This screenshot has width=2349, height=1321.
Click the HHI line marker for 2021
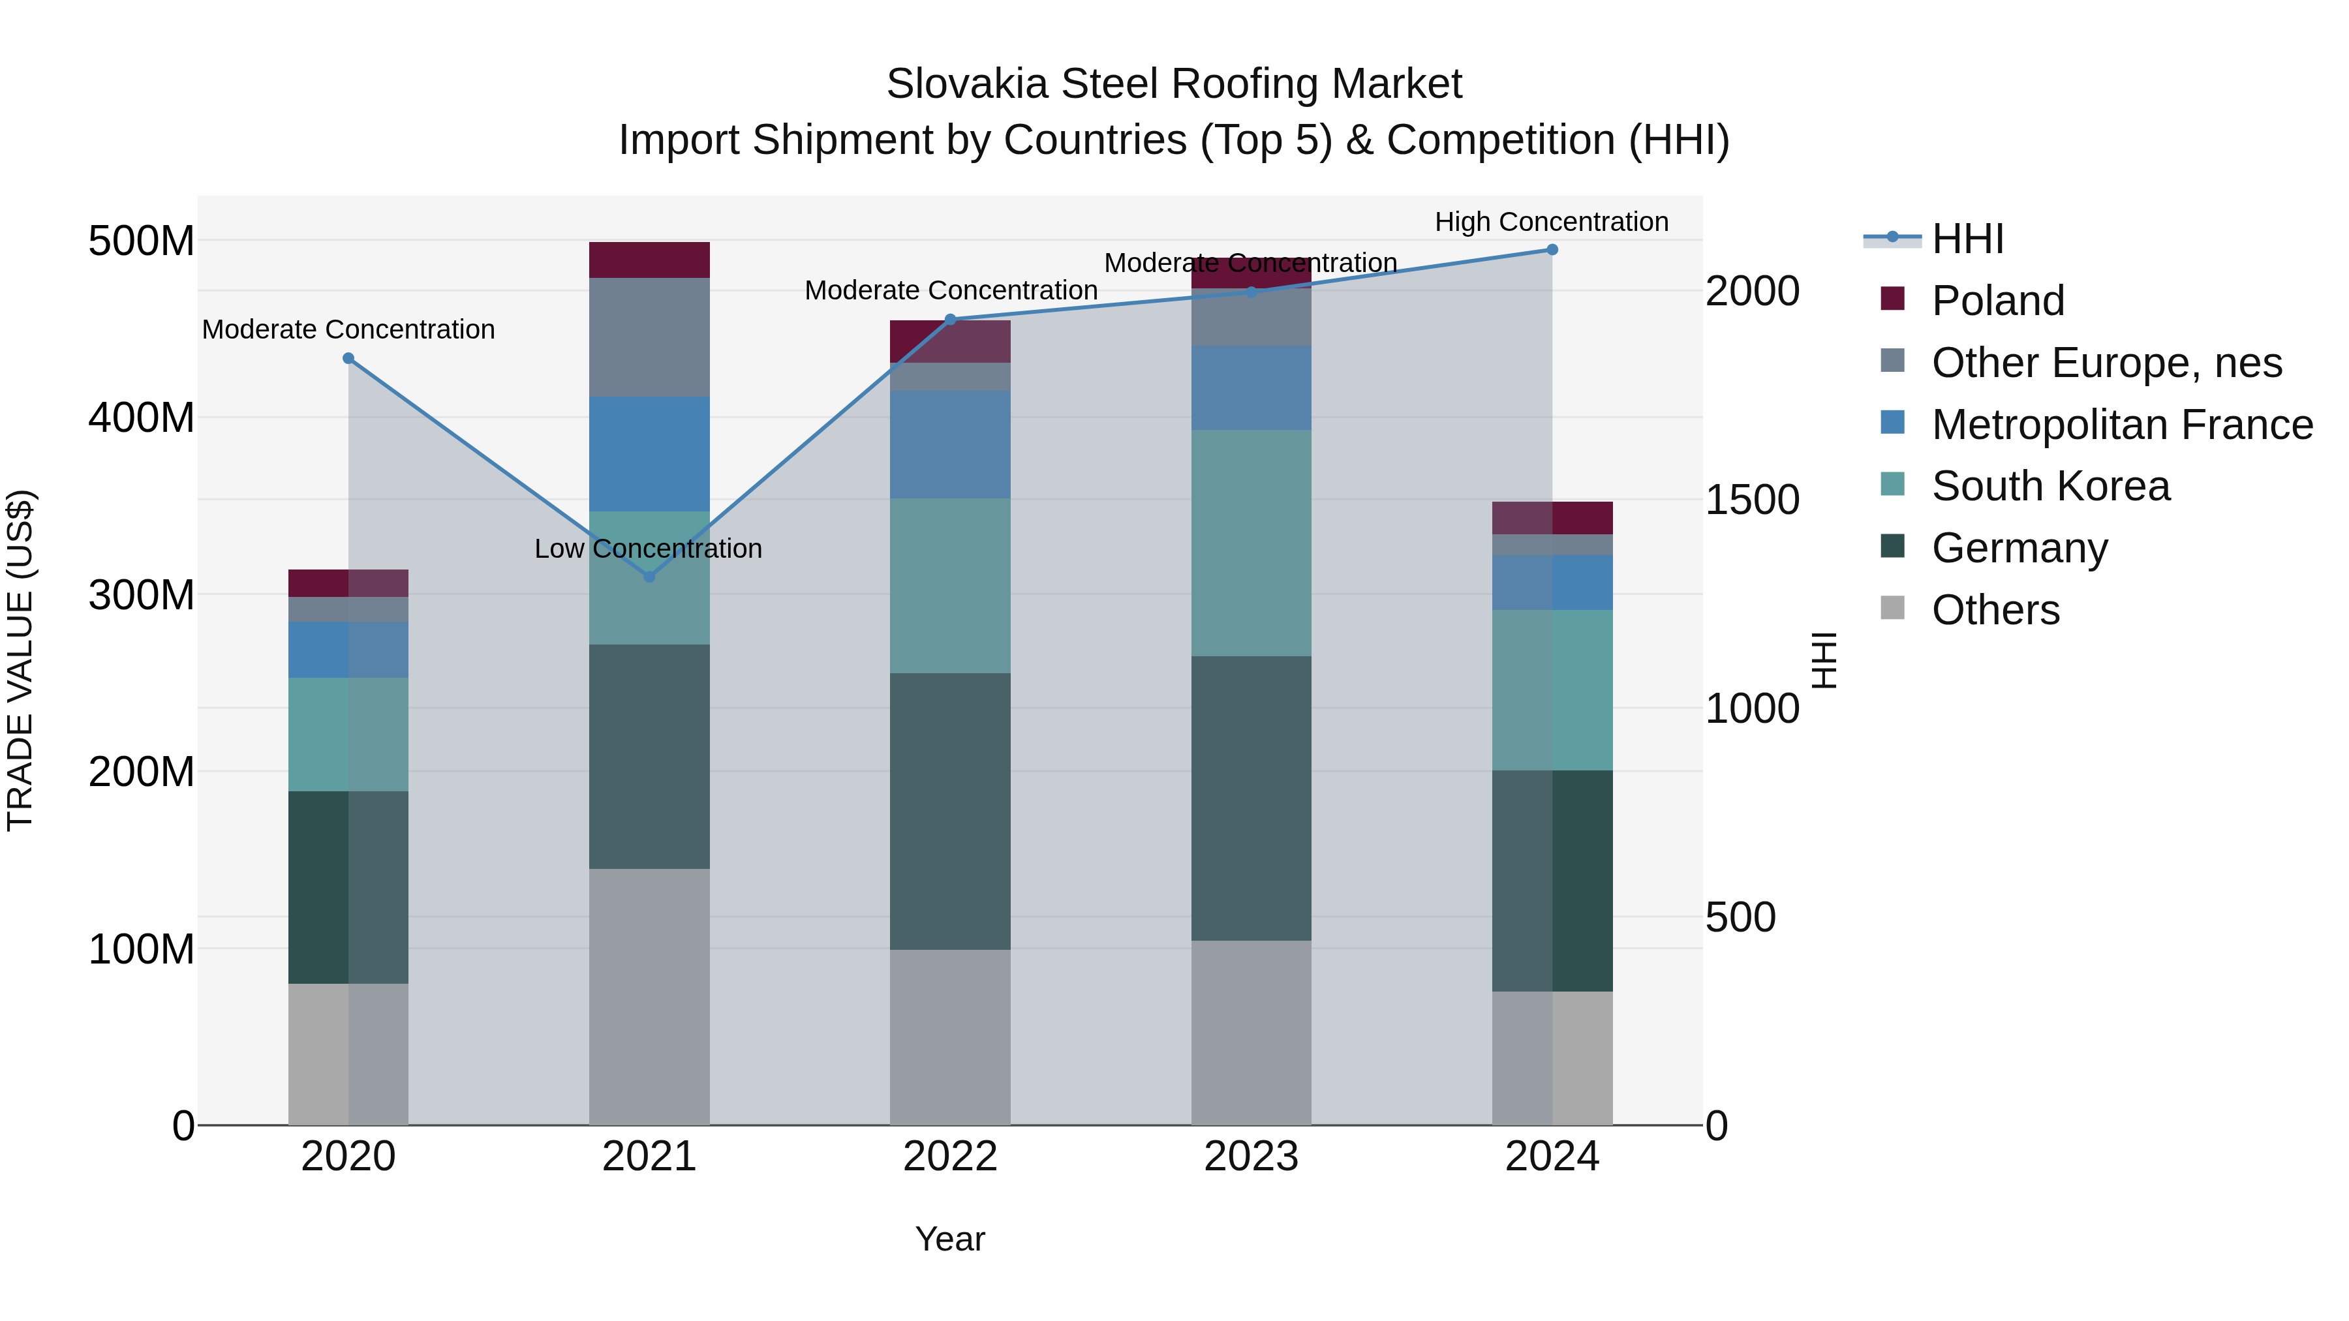tap(649, 576)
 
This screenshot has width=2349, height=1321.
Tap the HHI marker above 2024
tap(1552, 250)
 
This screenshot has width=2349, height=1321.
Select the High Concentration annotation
tap(1551, 222)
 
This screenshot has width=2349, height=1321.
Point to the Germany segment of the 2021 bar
tap(649, 757)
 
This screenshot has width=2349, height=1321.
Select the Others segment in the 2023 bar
tap(1251, 1032)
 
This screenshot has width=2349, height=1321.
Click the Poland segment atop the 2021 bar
tap(649, 260)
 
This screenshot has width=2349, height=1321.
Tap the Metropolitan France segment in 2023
tap(1251, 387)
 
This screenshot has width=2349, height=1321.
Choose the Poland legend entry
tap(1997, 301)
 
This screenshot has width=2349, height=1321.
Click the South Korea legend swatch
tap(1892, 484)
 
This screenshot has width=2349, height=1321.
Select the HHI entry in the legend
tap(1968, 239)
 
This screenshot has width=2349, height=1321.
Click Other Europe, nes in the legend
tap(2106, 363)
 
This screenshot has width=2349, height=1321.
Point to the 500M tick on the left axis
tap(142, 241)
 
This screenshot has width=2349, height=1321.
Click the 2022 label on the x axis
tap(950, 1156)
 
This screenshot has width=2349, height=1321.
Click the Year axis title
tap(950, 1239)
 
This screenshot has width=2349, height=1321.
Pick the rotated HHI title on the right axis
tap(1824, 660)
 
